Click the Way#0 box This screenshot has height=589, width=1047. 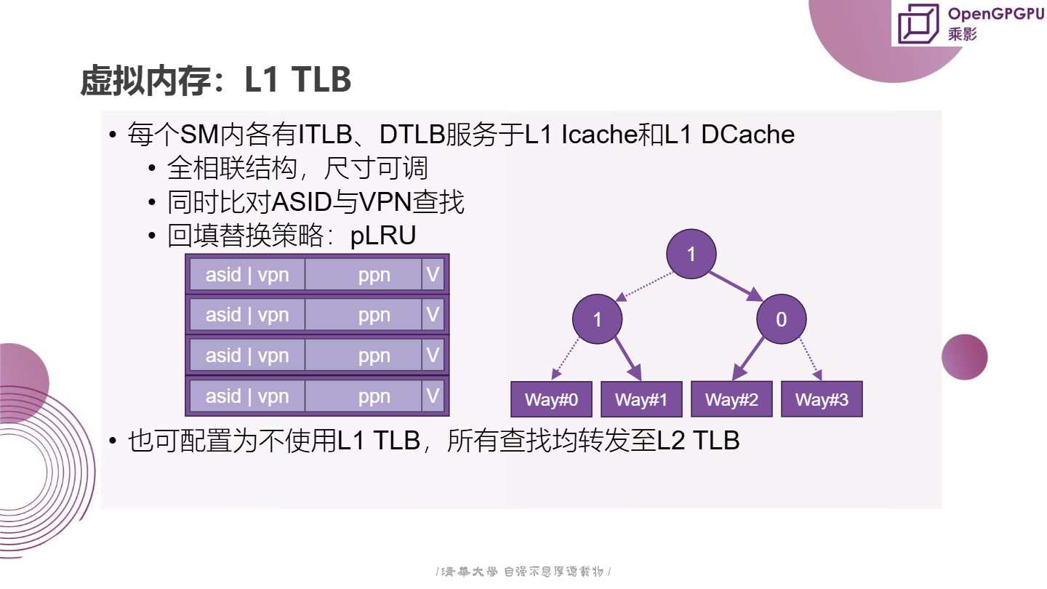pyautogui.click(x=551, y=399)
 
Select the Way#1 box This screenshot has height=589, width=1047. pyautogui.click(x=641, y=399)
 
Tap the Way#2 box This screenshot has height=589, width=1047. pyautogui.click(x=731, y=399)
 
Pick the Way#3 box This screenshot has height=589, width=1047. pyautogui.click(x=822, y=399)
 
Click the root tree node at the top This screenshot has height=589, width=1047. pyautogui.click(x=691, y=254)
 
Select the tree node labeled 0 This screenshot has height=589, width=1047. pyautogui.click(x=781, y=319)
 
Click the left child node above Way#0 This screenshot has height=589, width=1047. pyautogui.click(x=597, y=319)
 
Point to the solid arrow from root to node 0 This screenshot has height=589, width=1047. pyautogui.click(x=736, y=285)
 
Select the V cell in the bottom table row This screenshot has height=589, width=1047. pyautogui.click(x=433, y=396)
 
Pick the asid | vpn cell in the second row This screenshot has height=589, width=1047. pyautogui.click(x=247, y=315)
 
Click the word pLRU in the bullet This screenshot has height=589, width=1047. pyautogui.click(x=383, y=236)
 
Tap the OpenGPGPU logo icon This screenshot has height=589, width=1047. pyautogui.click(x=918, y=23)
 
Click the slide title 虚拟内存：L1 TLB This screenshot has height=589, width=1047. pyautogui.click(x=216, y=80)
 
